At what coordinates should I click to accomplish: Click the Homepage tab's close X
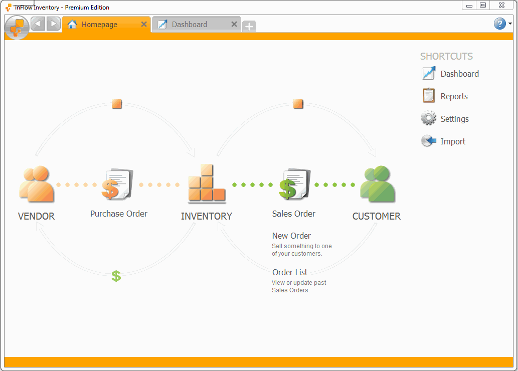point(144,24)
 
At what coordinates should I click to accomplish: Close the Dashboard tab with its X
point(234,24)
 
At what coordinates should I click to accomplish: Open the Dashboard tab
point(190,24)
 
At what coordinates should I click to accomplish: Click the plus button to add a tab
point(249,27)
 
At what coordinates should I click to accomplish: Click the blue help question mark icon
point(499,24)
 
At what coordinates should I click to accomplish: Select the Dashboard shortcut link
point(459,74)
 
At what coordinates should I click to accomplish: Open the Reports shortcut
point(454,96)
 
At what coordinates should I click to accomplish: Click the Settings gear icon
point(428,119)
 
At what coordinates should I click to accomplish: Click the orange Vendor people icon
point(36,184)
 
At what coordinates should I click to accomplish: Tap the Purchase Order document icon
point(118,184)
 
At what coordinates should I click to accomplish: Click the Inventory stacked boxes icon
point(206,183)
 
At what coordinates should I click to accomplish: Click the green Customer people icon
point(377,184)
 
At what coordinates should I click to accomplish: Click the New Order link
point(291,236)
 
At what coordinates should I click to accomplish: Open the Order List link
point(290,272)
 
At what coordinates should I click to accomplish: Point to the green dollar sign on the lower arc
point(116,276)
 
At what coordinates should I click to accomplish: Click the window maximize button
point(483,6)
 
